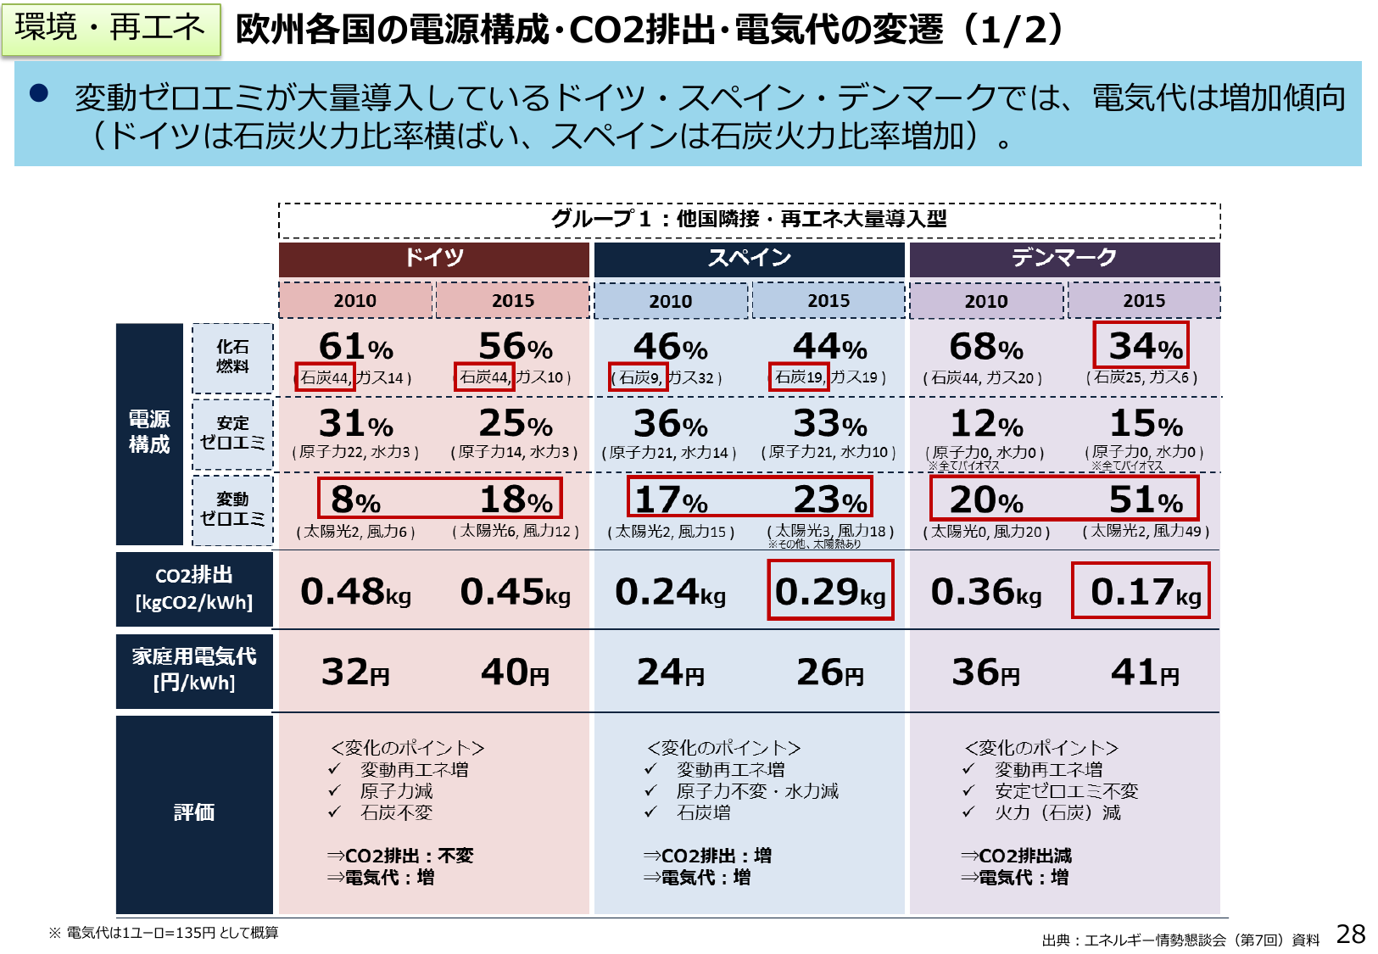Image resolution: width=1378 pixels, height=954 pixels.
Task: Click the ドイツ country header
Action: tap(433, 258)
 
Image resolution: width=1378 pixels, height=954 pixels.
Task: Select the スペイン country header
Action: tap(749, 258)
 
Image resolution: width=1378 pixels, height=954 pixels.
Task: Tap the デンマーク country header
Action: tap(1064, 258)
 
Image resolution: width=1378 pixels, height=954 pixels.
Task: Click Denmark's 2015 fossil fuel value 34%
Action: tap(1144, 346)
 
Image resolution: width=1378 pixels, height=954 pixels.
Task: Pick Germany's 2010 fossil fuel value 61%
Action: tap(355, 346)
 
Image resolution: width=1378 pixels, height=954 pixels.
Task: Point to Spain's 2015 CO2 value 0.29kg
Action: tap(830, 591)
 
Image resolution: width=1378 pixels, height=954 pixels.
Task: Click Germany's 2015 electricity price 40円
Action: tap(515, 672)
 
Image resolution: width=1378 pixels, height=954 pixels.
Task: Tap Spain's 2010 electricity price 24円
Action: tap(671, 672)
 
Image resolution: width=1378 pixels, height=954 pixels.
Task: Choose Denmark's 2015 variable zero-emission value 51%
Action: tap(1146, 499)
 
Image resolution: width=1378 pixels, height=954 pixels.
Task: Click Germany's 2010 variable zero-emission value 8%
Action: tap(355, 499)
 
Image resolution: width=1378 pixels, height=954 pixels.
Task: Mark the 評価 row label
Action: tap(194, 812)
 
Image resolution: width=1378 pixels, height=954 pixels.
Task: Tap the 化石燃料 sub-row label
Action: tap(232, 356)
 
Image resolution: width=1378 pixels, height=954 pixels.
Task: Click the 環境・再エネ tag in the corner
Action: tap(110, 28)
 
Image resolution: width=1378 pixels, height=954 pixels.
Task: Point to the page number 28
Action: tap(1350, 934)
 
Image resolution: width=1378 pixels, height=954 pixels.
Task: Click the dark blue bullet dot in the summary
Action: tap(39, 92)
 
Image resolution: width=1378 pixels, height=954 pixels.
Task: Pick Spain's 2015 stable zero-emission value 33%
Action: tap(830, 423)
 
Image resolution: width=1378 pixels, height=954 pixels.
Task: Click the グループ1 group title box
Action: tap(749, 219)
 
